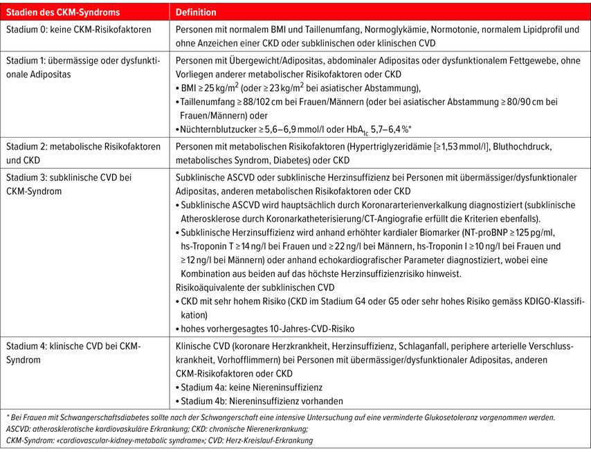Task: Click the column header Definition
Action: coord(197,12)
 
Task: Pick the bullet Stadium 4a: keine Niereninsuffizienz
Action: coord(251,387)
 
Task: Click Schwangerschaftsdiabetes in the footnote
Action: coord(99,418)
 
